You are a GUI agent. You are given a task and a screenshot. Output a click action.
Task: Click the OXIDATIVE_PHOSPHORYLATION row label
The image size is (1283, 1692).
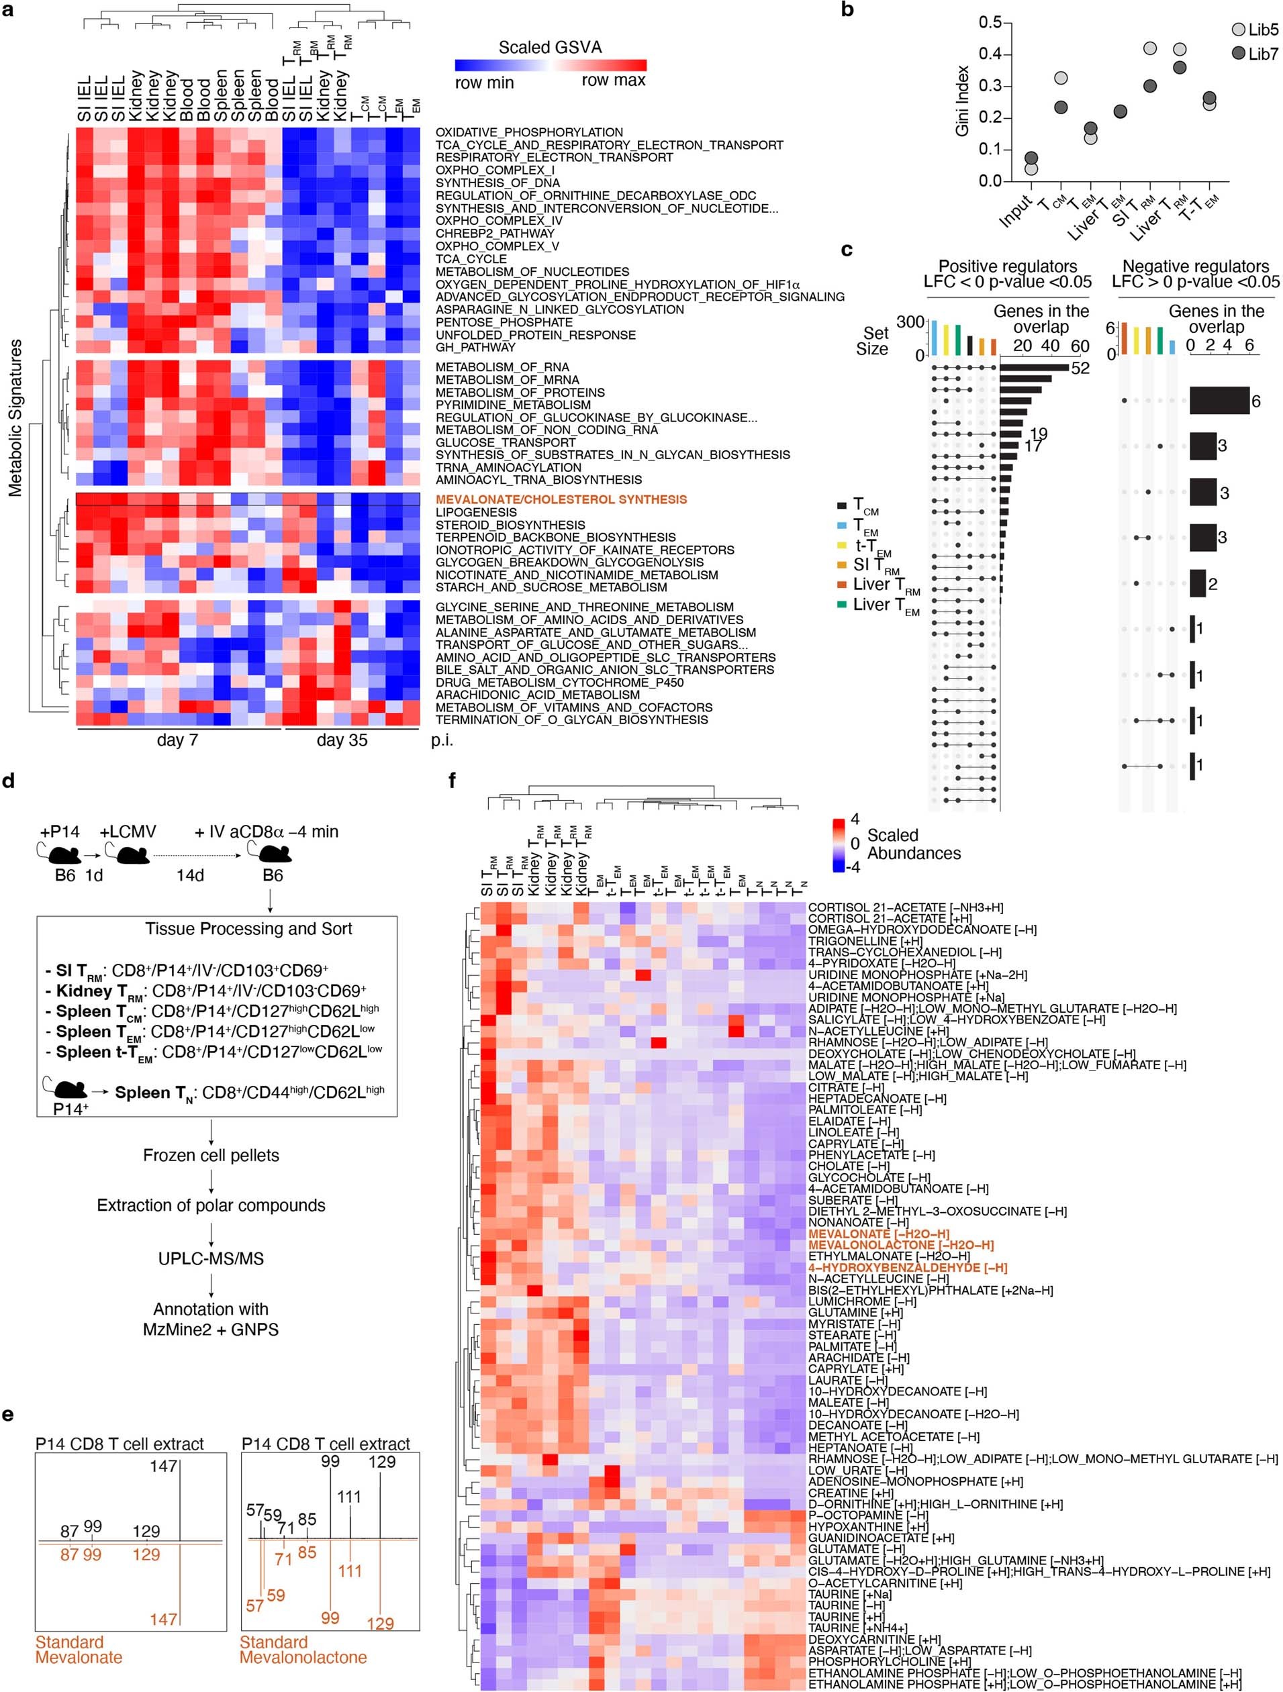528,132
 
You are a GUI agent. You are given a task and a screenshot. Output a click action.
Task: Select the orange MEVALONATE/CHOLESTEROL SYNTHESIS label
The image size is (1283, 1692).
561,499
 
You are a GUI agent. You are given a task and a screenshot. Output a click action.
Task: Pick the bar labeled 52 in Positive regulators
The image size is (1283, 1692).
1033,368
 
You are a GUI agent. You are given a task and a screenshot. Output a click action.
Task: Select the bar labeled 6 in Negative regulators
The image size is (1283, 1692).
1219,401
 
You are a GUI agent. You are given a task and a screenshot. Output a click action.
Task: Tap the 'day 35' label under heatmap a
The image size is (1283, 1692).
341,740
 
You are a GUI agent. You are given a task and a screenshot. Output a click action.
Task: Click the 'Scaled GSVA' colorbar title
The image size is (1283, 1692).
550,48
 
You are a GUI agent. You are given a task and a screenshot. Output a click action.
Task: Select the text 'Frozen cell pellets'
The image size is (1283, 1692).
211,1155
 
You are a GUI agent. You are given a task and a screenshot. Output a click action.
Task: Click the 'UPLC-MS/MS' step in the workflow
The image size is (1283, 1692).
211,1258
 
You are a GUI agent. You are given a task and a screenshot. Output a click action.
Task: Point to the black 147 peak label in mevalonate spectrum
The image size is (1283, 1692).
163,1466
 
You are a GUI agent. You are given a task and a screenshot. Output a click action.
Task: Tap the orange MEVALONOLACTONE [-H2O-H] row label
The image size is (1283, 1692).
901,1245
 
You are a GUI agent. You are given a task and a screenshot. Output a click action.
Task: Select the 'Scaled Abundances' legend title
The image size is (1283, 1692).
914,844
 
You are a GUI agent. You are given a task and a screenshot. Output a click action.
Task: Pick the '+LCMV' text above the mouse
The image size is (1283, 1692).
128,832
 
